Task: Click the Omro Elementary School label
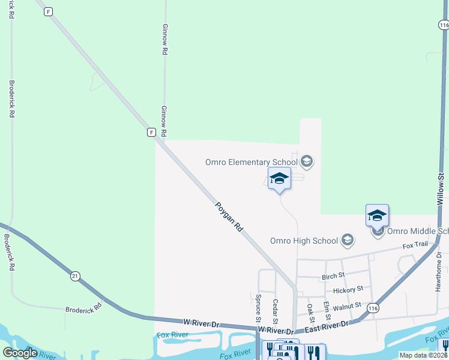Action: [x=252, y=162]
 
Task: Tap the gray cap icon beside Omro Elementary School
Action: [x=307, y=161]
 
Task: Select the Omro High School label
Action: [x=304, y=241]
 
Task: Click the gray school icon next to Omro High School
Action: [x=347, y=241]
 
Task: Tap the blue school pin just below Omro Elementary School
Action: [x=279, y=179]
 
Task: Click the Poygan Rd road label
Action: [x=229, y=217]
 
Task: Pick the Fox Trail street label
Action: [x=415, y=245]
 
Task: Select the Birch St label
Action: [x=333, y=276]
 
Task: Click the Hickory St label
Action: [x=348, y=289]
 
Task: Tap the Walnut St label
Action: [x=346, y=306]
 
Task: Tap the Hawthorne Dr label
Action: [x=439, y=263]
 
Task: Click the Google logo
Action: [x=20, y=353]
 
